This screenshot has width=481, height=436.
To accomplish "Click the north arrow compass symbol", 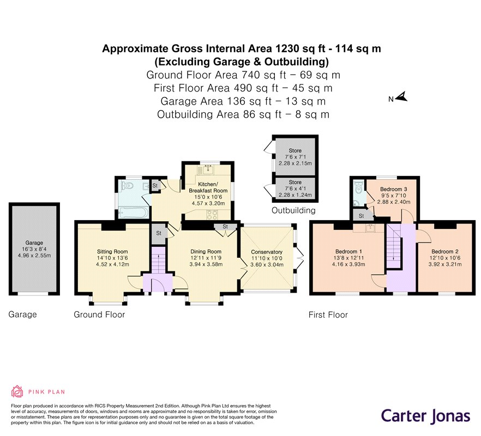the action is coord(401,97).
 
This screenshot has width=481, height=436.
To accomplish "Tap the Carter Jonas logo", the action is coord(425,416).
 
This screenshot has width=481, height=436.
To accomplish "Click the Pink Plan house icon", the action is coord(17,391).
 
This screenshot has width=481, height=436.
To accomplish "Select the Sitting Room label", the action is coord(112,251).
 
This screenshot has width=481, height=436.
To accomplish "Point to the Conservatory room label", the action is coord(267,252).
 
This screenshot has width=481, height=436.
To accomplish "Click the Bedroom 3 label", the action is coord(394,189).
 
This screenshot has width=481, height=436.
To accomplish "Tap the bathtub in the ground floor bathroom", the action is coord(134,212).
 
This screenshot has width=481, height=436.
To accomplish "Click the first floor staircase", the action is coord(394,246).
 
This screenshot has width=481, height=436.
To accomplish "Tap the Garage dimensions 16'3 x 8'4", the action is coord(34,249).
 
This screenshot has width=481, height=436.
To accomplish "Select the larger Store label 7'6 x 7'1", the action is coord(295,157).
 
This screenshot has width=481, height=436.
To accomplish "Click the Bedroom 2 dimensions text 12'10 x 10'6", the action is coord(445,258).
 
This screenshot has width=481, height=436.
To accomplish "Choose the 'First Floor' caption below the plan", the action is coord(328,315).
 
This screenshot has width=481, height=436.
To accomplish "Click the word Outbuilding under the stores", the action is coord(293,210).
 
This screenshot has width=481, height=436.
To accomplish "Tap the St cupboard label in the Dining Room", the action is coord(225,227).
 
